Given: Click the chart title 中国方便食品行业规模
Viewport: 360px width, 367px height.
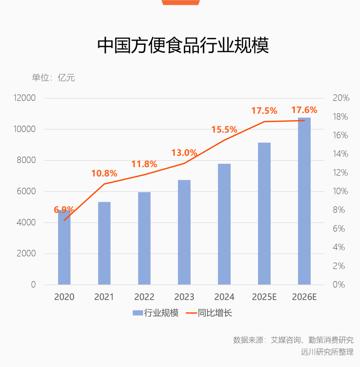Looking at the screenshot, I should (x=183, y=46).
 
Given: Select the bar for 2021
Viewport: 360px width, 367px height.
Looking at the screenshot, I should (x=104, y=243).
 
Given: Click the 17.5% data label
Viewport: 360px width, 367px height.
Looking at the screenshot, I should (x=264, y=111).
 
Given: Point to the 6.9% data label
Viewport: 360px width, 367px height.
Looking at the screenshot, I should (x=64, y=210).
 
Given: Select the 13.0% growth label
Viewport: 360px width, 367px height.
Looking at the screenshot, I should (x=184, y=153).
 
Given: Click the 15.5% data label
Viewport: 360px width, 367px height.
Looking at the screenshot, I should (x=224, y=130).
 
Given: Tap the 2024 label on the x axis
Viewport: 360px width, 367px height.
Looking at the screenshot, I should (x=224, y=297).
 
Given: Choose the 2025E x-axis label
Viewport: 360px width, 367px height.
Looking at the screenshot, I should (x=264, y=297).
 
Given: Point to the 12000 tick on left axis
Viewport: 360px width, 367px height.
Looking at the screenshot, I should (x=24, y=98).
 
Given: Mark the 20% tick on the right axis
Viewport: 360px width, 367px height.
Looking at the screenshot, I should (x=341, y=98).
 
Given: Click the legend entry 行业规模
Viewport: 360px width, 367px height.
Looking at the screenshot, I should (x=156, y=313).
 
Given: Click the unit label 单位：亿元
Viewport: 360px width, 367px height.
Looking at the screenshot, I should (x=53, y=78).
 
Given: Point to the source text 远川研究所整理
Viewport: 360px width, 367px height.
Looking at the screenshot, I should (x=327, y=352).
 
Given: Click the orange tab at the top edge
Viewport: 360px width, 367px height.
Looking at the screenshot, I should (x=181, y=2).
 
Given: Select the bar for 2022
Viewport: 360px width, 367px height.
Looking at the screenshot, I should (x=144, y=238).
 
